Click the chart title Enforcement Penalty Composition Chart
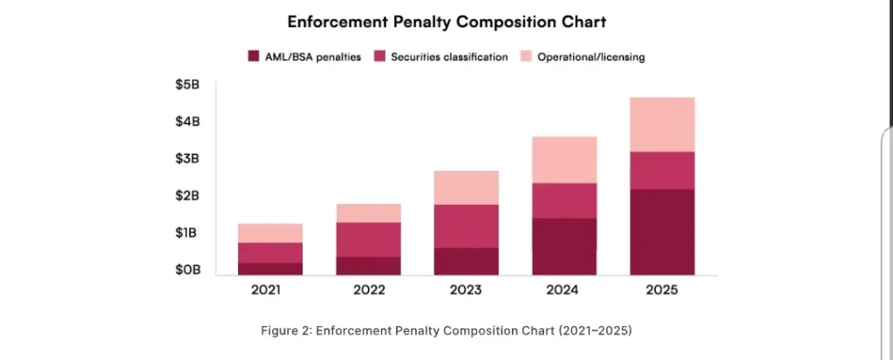pos(446,21)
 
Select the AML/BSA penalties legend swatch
pos(254,57)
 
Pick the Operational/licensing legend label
pos(590,57)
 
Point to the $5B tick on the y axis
pos(187,85)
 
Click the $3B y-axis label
pos(187,159)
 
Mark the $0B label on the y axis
pos(187,270)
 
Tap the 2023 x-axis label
pos(467,291)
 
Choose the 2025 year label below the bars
pos(663,291)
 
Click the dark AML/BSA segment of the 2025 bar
pos(663,232)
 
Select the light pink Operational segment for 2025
pos(663,124)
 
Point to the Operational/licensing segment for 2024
pos(565,160)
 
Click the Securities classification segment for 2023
pos(467,226)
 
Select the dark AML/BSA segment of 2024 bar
pos(565,246)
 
